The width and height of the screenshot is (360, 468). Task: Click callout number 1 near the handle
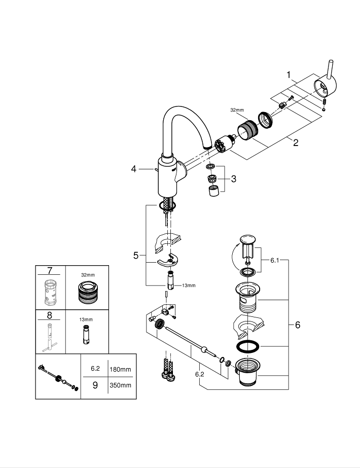(289, 76)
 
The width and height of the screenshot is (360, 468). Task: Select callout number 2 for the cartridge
(295, 142)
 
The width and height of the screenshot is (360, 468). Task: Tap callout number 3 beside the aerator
(233, 178)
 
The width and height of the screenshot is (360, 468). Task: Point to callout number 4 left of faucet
(134, 169)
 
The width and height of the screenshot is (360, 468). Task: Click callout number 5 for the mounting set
(135, 256)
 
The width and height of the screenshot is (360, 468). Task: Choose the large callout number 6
(297, 325)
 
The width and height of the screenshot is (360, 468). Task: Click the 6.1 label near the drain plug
(274, 260)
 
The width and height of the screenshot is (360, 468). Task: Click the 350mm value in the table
(120, 385)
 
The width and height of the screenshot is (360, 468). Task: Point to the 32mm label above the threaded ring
(237, 109)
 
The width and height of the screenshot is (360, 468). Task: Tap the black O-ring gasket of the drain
(247, 347)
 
